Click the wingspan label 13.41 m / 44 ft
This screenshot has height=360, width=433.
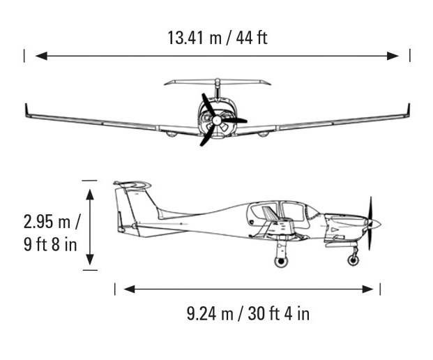(x=218, y=38)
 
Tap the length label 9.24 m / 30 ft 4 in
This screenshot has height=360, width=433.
(x=248, y=314)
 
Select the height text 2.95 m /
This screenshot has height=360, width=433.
(x=52, y=222)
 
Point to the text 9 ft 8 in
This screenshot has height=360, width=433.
(x=50, y=244)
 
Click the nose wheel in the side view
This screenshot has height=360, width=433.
(x=354, y=260)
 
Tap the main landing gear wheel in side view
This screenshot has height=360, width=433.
(x=281, y=261)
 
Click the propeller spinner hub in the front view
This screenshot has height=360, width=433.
(x=217, y=120)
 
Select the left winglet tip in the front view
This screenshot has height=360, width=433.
(x=26, y=104)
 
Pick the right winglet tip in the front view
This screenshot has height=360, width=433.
(x=409, y=104)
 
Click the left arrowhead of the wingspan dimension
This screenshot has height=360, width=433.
(x=41, y=56)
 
